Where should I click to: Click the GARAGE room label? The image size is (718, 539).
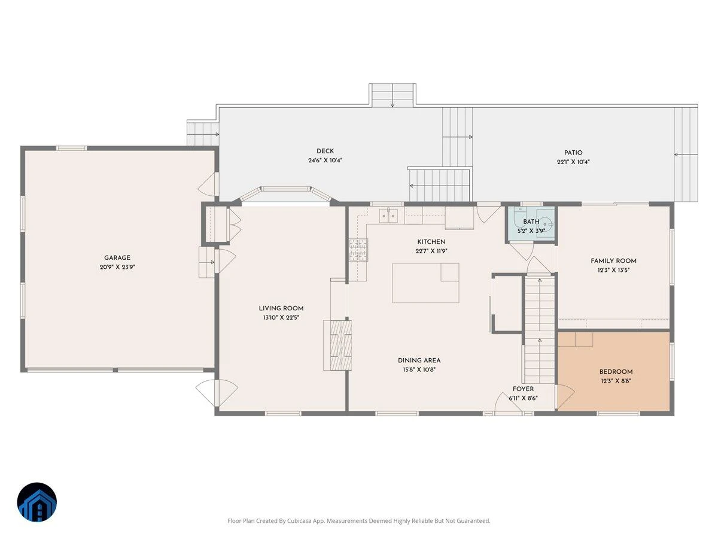point(117,258)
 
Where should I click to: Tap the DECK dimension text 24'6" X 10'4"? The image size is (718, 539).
point(325,161)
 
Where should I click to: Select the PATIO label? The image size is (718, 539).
point(573,153)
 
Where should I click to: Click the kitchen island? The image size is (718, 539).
point(425,283)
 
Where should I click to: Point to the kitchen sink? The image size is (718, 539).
point(388,216)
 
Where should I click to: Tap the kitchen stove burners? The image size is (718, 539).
point(358,250)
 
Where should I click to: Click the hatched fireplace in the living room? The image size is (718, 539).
point(341,346)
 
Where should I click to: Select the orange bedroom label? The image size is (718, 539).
point(616,372)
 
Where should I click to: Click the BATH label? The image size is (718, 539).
point(531,222)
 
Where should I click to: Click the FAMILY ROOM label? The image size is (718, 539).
point(613,261)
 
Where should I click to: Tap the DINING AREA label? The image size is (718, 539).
point(419,361)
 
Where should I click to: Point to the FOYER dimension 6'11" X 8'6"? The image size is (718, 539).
point(523,398)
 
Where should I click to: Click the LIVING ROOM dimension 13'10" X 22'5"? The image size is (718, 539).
point(281,317)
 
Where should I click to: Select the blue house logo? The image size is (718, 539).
point(37,502)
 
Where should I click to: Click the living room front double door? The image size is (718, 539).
point(217,392)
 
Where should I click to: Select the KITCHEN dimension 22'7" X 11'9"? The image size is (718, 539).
point(431,251)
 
